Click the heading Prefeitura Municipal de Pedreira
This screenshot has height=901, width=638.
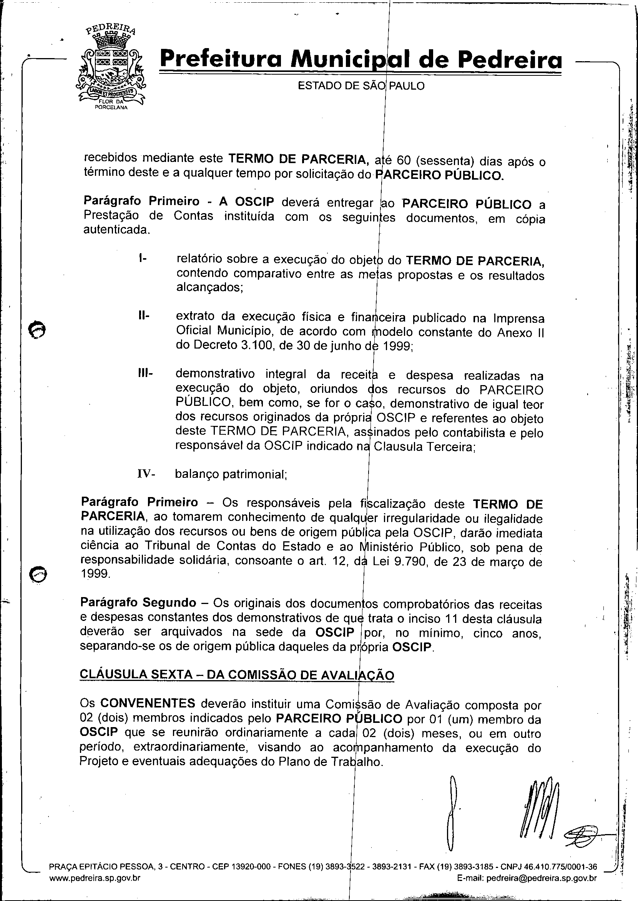point(361,60)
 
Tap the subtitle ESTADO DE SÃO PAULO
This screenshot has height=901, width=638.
point(361,86)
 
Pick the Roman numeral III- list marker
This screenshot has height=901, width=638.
point(145,373)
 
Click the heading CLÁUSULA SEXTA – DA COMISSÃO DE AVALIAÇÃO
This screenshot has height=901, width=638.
point(236,674)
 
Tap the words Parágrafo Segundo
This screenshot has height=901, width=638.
point(138,602)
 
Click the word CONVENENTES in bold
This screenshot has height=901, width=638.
point(148,703)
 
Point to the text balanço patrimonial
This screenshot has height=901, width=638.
point(231,474)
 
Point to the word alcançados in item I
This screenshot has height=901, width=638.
point(209,287)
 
